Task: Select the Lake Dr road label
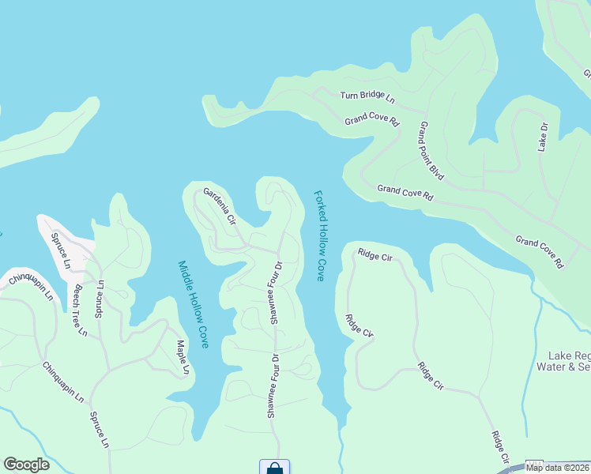543,136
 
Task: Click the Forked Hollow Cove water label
320,235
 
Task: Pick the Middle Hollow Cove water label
193,304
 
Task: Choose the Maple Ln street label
183,357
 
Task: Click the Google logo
26,465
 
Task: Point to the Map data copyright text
556,468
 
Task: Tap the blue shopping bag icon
274,468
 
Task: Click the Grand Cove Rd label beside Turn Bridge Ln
372,122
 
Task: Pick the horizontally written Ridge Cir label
375,254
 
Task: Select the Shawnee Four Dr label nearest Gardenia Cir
276,292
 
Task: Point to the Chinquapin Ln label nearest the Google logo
62,382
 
